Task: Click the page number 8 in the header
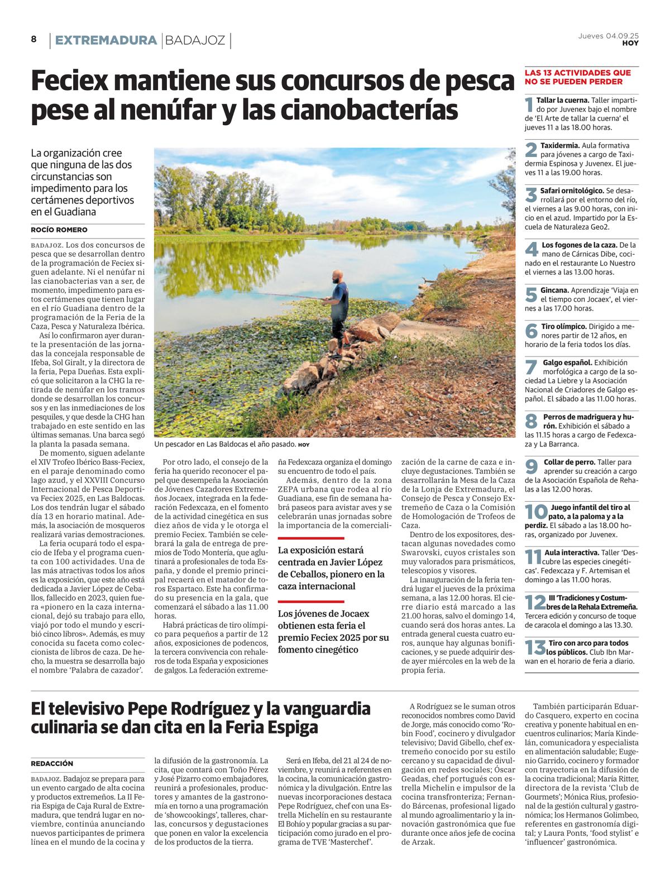[x=33, y=39]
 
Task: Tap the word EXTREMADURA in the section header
[x=106, y=40]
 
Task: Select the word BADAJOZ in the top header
[x=195, y=40]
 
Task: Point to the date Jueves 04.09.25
[x=608, y=36]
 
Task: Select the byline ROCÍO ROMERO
[x=59, y=230]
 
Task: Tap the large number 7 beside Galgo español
[x=532, y=367]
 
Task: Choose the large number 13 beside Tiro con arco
[x=535, y=647]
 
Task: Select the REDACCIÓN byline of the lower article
[x=52, y=763]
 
